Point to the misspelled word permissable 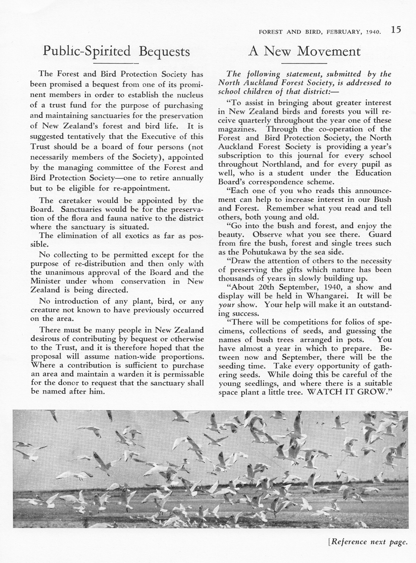click(x=183, y=374)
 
